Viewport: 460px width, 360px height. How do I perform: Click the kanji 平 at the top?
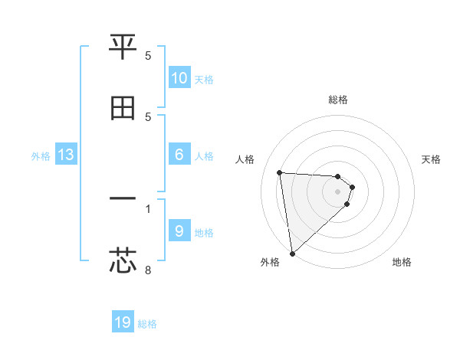123,47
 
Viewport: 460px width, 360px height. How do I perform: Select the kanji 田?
123,108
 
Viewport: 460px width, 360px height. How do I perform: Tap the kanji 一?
123,199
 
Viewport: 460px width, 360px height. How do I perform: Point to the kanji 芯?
123,260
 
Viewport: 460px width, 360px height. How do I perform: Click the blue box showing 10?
179,78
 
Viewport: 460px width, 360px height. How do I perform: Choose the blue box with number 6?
179,155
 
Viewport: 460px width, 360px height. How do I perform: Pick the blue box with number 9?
179,231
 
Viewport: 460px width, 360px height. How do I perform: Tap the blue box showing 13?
66,155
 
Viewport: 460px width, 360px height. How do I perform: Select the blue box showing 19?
123,322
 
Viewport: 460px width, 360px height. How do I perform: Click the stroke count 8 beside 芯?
148,270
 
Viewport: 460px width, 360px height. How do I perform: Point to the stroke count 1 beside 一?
148,208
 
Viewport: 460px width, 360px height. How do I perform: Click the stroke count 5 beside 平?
148,56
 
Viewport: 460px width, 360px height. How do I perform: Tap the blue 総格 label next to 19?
147,324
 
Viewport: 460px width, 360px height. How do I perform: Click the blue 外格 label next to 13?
41,156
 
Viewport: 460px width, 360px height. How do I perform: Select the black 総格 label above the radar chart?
338,100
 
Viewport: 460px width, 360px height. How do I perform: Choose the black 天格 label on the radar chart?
432,159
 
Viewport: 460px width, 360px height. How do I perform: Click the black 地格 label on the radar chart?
402,262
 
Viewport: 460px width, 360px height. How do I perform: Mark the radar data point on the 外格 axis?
292,253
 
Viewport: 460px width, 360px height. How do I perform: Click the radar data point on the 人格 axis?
280,172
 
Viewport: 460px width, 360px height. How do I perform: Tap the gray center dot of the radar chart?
338,191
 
